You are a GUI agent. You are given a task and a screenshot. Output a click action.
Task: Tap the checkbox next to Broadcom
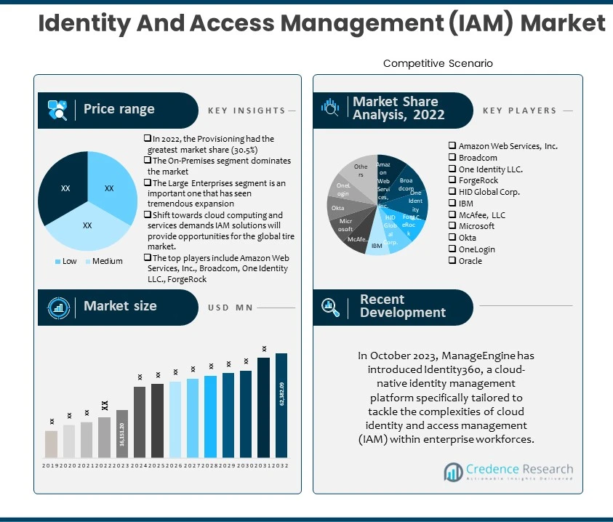click(452, 158)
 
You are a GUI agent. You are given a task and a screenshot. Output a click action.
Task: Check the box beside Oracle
click(452, 261)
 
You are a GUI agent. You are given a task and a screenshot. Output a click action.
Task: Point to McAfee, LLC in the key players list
click(481, 215)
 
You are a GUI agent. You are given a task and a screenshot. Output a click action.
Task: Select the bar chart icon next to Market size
click(58, 307)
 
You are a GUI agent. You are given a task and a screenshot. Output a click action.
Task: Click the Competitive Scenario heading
click(438, 63)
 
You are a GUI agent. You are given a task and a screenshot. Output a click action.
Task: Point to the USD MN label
click(230, 308)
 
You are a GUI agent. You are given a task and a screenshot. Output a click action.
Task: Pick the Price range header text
click(119, 109)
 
